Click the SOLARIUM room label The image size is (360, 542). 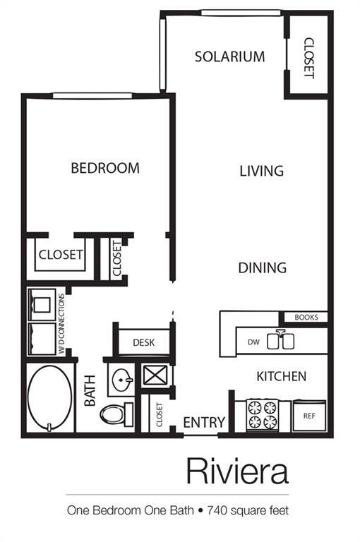pos(229,56)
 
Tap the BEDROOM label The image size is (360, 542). pos(105,168)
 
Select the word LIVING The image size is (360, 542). pos(261,171)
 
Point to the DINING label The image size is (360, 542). pos(262,267)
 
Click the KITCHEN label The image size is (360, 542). pos(281,376)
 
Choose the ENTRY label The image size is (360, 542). pos(204,422)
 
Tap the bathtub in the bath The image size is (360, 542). pos(50,398)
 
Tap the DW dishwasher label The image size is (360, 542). pos(253,342)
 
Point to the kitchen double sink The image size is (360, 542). pos(286,341)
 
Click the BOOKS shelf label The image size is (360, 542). pos(306,318)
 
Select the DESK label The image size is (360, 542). pos(143,344)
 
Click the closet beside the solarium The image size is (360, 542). pos(308,56)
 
